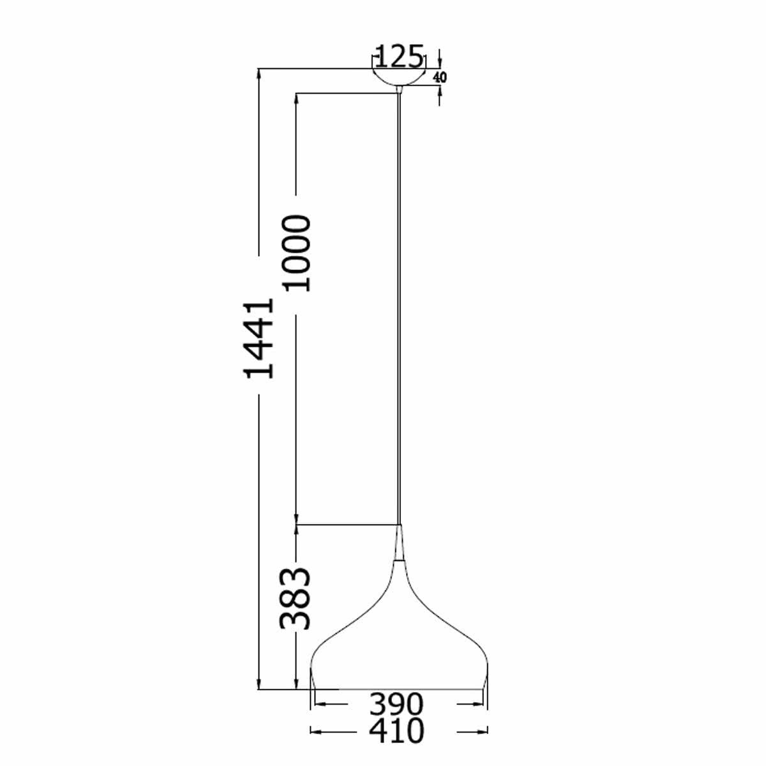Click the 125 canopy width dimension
(x=398, y=57)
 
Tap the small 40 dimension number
(x=440, y=77)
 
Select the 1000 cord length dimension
(x=298, y=253)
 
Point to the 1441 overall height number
(x=261, y=338)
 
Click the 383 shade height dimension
(x=297, y=598)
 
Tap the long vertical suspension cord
(x=400, y=306)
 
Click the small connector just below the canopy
(x=400, y=89)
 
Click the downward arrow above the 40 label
(x=440, y=62)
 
